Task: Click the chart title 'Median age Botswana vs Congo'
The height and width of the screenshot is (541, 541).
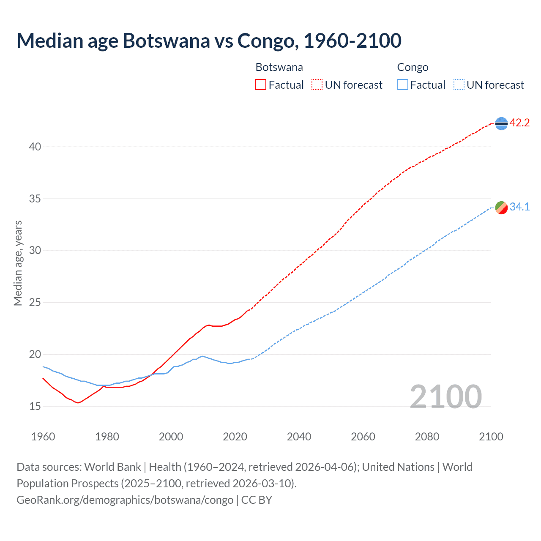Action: (209, 41)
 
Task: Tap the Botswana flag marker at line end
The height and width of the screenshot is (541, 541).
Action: (501, 123)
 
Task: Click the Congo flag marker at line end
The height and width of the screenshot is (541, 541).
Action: (501, 208)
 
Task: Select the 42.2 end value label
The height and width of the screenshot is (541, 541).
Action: (519, 123)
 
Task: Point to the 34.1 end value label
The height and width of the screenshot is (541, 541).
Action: (519, 207)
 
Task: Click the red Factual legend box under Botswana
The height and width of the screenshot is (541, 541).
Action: (261, 85)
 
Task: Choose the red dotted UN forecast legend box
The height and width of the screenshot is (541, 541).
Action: (317, 85)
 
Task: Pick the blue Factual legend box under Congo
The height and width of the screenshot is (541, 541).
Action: (402, 85)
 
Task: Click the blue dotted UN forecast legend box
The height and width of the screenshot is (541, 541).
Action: (459, 85)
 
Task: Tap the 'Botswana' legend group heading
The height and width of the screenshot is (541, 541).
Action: (279, 67)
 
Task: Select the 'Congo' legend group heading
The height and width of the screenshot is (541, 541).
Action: (413, 67)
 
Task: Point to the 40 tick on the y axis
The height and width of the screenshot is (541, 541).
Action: (35, 147)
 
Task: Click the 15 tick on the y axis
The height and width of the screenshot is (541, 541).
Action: (35, 406)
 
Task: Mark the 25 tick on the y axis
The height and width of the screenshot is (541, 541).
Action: (35, 303)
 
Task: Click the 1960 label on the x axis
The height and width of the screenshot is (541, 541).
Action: (43, 437)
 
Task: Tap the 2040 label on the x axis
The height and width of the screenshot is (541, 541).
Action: (299, 437)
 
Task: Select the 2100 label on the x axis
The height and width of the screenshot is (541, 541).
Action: (491, 437)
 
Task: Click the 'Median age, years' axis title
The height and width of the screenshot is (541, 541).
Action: (18, 263)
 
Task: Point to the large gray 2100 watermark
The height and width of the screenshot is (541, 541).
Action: (445, 397)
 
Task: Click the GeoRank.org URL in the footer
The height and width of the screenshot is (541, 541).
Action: (125, 500)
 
